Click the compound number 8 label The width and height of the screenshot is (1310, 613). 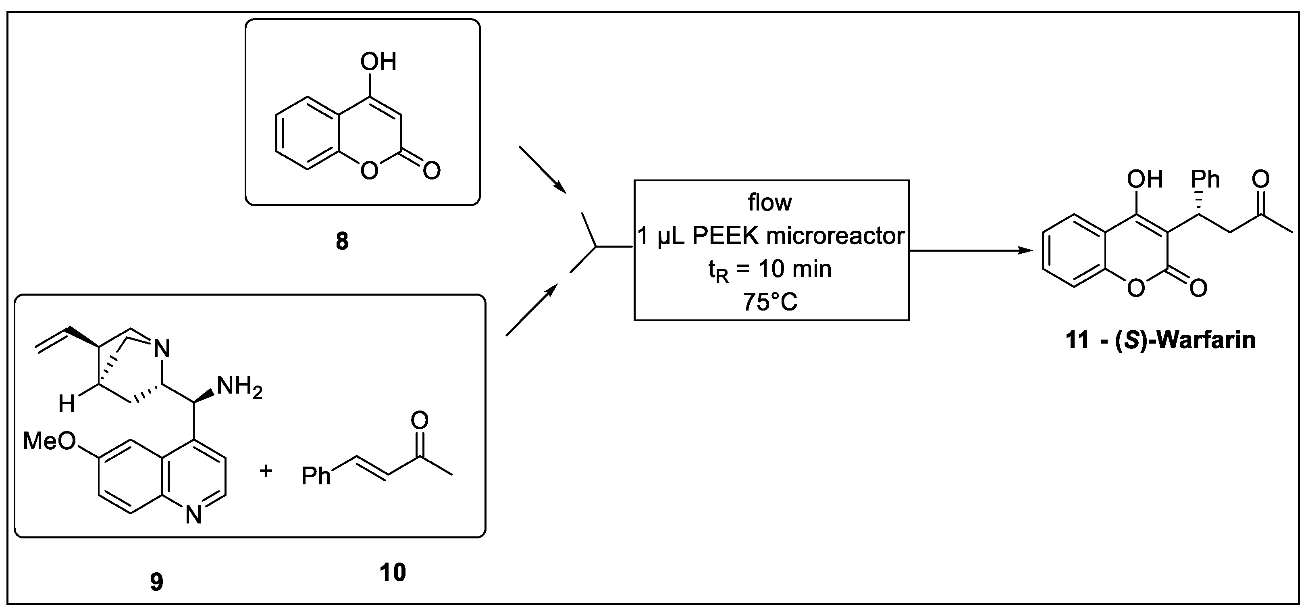pos(342,241)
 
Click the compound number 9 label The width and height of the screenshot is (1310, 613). pos(157,582)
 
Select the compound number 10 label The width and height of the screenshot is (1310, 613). pos(393,573)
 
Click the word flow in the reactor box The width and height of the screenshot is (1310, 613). pos(769,202)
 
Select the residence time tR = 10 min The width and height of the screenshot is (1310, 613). pos(770,269)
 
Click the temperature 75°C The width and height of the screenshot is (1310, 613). pos(770,302)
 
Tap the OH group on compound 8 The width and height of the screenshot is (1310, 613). pos(378,62)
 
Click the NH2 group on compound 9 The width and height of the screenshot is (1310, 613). pos(239,388)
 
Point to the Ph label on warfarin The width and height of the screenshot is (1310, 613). pos(1206,179)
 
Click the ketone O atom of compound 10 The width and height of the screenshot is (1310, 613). pos(420,420)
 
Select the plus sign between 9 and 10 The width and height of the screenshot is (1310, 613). pos(266,471)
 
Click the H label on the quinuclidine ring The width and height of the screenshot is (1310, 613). pos(67,404)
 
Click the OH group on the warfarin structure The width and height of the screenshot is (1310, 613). pos(1145,179)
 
